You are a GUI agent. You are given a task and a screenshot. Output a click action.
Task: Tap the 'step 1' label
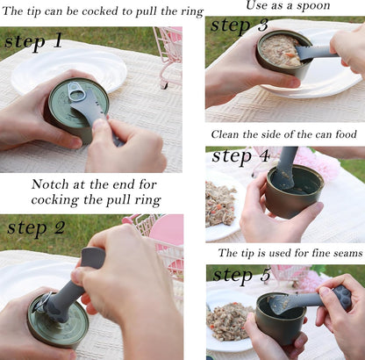(33, 41)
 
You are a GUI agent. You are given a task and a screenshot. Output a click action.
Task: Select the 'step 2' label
(36, 228)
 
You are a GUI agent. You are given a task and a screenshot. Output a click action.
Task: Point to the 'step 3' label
(240, 25)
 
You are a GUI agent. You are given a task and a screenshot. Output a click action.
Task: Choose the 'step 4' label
(240, 156)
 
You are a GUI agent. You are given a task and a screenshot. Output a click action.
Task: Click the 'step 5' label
(241, 275)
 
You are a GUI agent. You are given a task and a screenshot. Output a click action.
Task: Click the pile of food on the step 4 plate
(220, 204)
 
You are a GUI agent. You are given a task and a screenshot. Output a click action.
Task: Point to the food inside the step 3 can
(280, 50)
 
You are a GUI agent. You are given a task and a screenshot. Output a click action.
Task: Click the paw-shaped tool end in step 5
(340, 296)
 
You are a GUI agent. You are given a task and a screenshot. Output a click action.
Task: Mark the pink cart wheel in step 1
(165, 85)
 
